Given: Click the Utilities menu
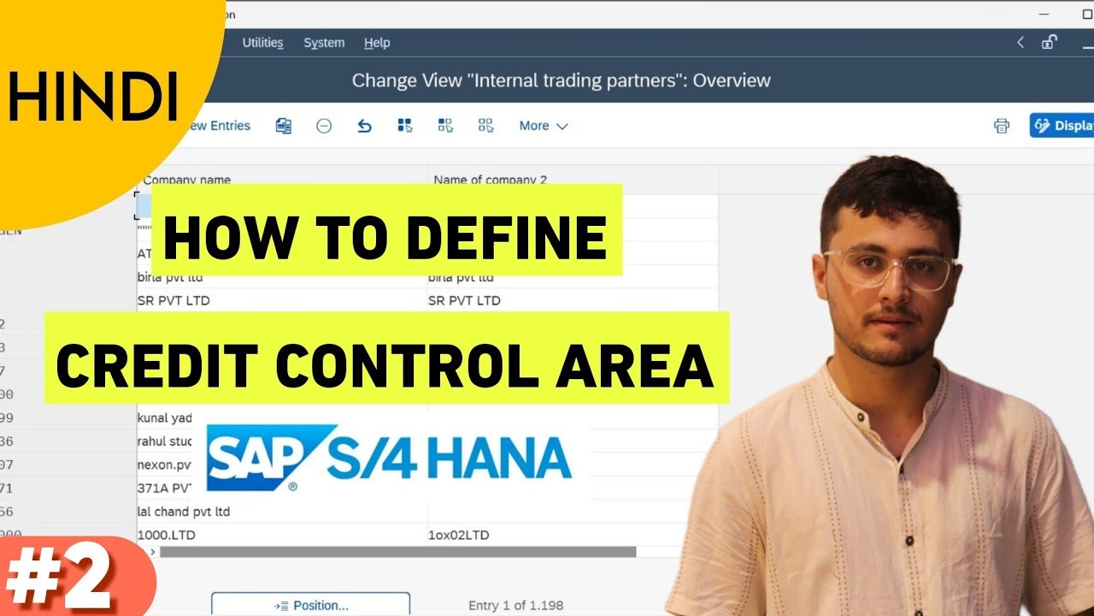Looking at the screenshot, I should point(262,43).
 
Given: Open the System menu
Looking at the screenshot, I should point(324,43).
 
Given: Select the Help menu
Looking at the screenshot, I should point(377,43).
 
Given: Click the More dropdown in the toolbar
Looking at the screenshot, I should point(544,126).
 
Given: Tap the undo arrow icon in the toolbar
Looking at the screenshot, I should point(365,126).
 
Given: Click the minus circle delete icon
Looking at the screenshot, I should point(324,126).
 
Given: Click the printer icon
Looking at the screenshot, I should point(1002,126).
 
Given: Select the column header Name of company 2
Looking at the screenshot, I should point(490,180).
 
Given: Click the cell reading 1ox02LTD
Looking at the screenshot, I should point(459,535).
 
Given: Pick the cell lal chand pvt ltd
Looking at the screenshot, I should point(184,512).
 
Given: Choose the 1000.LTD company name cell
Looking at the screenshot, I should point(171,535).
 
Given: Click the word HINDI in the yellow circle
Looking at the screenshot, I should point(92,95).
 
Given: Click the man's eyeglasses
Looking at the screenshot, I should point(889,269).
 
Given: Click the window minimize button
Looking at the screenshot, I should point(1041,14).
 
